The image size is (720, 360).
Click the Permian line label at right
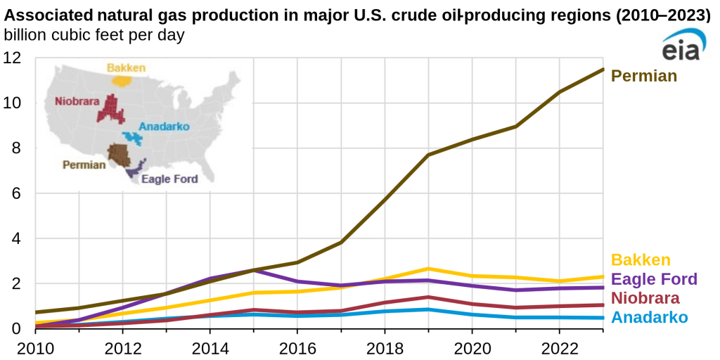643,76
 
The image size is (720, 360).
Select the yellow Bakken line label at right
641,260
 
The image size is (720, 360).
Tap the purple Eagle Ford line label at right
654,279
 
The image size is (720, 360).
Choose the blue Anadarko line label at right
650,318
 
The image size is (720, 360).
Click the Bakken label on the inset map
126,68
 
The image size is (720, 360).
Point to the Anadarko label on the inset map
165,127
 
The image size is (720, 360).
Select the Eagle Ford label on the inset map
169,179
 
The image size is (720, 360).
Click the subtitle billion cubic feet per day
94,35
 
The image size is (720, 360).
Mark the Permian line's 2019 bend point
428,155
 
